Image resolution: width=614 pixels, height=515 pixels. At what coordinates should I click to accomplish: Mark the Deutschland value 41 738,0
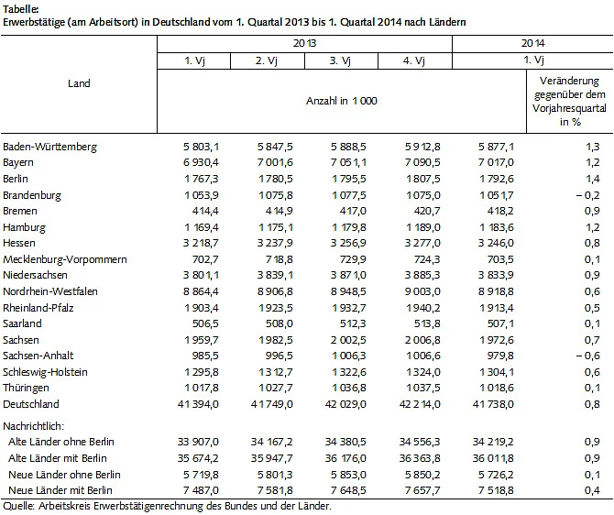pos(488,403)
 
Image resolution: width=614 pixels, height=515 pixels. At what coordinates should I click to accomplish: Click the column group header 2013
pos(305,42)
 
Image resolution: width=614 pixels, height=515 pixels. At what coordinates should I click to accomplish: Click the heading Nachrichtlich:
pos(34,427)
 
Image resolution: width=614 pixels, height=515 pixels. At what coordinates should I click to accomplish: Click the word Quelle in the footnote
pos(16,506)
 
